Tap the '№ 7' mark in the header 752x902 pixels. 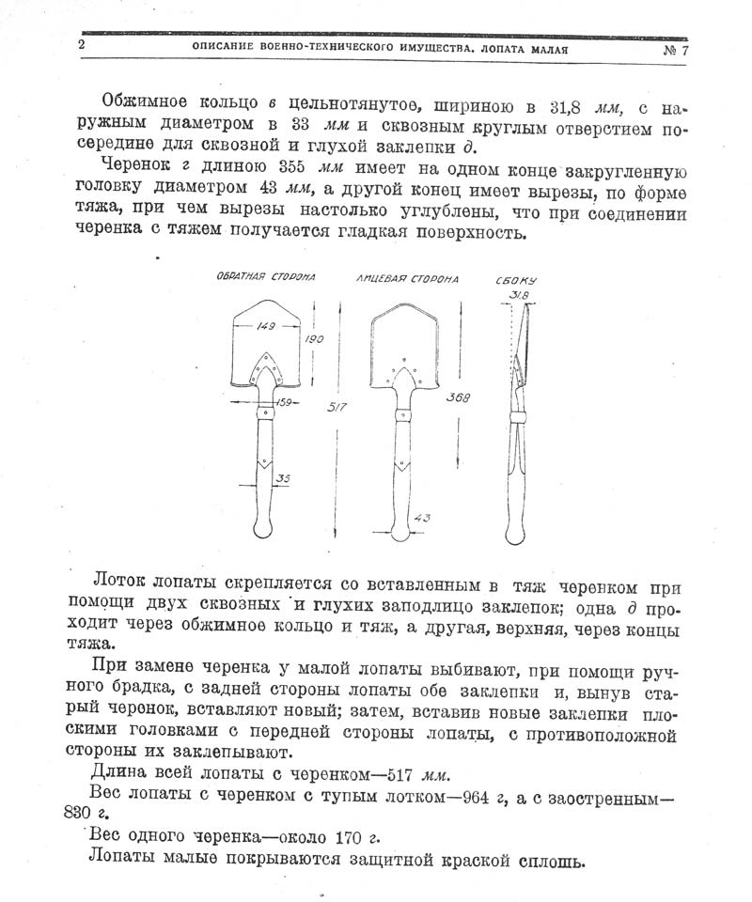click(673, 49)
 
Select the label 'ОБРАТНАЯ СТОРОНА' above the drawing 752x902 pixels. click(266, 277)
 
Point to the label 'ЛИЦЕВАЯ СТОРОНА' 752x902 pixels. click(408, 279)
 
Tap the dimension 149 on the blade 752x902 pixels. click(266, 328)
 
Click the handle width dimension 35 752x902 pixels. click(284, 478)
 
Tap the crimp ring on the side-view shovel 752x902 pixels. click(515, 416)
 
